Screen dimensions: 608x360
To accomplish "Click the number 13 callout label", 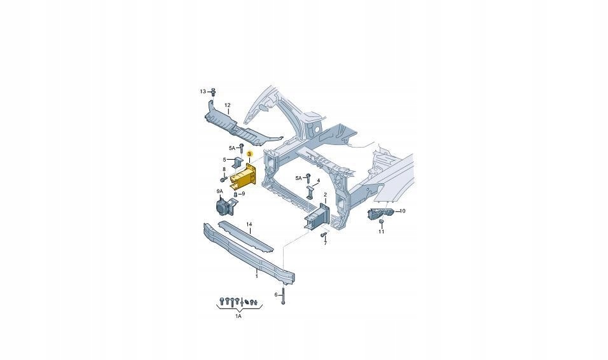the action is click(203, 92).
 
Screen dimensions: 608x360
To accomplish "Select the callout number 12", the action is click(227, 105).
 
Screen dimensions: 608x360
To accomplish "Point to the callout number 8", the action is click(224, 169).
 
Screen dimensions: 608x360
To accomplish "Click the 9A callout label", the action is click(219, 191).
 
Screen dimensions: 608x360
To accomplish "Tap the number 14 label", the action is click(250, 225).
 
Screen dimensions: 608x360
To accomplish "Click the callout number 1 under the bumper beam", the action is click(256, 276).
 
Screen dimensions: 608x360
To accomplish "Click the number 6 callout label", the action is click(277, 294).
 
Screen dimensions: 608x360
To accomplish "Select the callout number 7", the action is click(324, 243).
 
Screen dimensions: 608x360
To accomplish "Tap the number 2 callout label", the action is click(324, 195).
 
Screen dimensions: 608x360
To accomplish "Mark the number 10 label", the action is click(402, 211).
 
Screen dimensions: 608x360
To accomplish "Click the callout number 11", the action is click(382, 232).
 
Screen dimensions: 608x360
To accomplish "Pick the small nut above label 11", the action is click(382, 222).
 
